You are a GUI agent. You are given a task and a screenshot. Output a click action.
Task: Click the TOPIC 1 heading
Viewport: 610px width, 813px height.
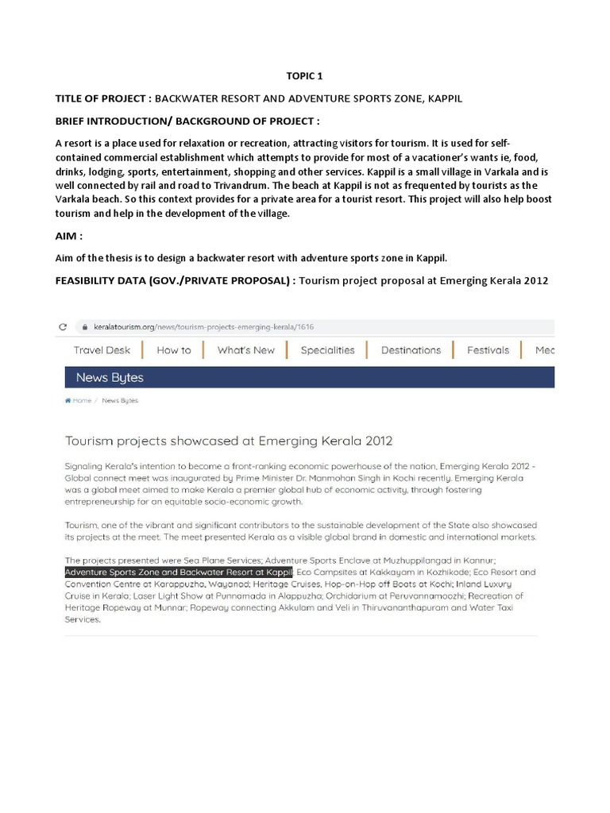(304, 76)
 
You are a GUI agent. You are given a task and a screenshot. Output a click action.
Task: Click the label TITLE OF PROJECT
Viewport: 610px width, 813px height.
(101, 98)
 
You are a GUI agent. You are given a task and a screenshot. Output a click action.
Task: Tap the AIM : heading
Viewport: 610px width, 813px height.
(70, 237)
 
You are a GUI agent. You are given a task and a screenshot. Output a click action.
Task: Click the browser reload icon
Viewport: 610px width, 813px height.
(63, 327)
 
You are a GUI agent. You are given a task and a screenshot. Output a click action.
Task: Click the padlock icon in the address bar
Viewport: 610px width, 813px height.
(81, 327)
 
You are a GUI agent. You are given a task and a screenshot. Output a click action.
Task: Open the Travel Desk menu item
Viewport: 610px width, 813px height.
(102, 350)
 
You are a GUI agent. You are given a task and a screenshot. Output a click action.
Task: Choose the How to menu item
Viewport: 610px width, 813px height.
(173, 350)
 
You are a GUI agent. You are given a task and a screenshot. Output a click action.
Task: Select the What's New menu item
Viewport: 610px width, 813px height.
(245, 350)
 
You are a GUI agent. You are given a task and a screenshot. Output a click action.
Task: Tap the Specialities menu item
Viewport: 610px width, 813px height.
(327, 350)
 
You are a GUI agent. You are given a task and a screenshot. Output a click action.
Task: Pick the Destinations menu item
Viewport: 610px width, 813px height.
(411, 350)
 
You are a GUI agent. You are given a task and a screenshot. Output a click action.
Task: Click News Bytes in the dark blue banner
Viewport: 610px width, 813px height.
(110, 377)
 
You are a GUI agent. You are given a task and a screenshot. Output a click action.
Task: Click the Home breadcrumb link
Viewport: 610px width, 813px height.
(81, 401)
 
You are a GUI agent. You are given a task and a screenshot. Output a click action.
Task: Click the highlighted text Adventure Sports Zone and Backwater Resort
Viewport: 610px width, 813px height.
(179, 572)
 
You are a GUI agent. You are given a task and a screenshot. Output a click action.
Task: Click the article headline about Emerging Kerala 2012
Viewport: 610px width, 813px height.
(229, 441)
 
